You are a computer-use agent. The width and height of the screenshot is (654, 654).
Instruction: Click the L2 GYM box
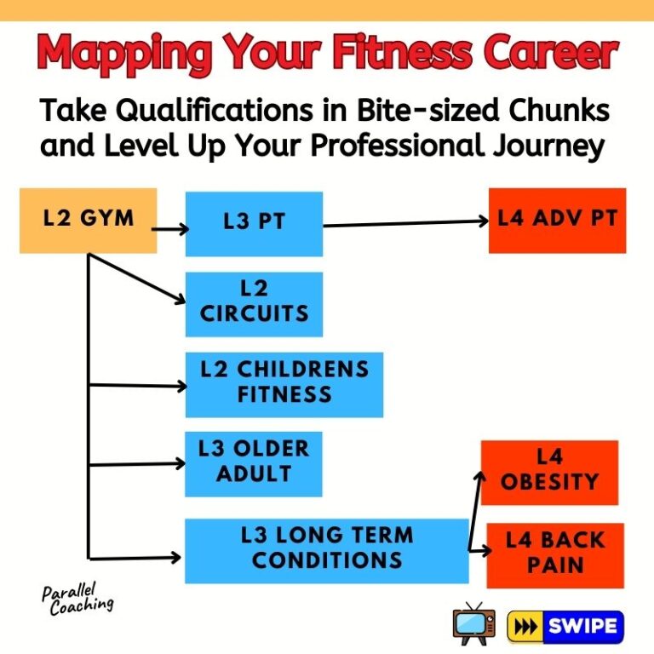point(88,220)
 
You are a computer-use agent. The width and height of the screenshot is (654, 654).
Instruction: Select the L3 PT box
point(254,223)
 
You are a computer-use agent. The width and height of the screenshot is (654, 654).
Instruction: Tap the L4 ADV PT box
point(557,220)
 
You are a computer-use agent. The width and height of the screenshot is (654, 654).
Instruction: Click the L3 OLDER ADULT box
point(253,463)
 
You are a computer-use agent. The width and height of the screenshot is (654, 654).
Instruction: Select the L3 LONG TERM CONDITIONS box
point(326,550)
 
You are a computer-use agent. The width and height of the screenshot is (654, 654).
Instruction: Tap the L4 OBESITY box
point(549,472)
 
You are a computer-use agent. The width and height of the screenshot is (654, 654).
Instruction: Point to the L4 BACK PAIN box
point(554,554)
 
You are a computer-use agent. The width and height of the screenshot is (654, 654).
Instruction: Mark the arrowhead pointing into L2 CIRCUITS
point(181,298)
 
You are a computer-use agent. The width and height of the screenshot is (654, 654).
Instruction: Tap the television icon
point(474,625)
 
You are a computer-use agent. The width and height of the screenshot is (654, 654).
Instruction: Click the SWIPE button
point(565,627)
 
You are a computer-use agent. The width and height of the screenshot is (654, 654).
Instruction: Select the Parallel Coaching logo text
point(77,598)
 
